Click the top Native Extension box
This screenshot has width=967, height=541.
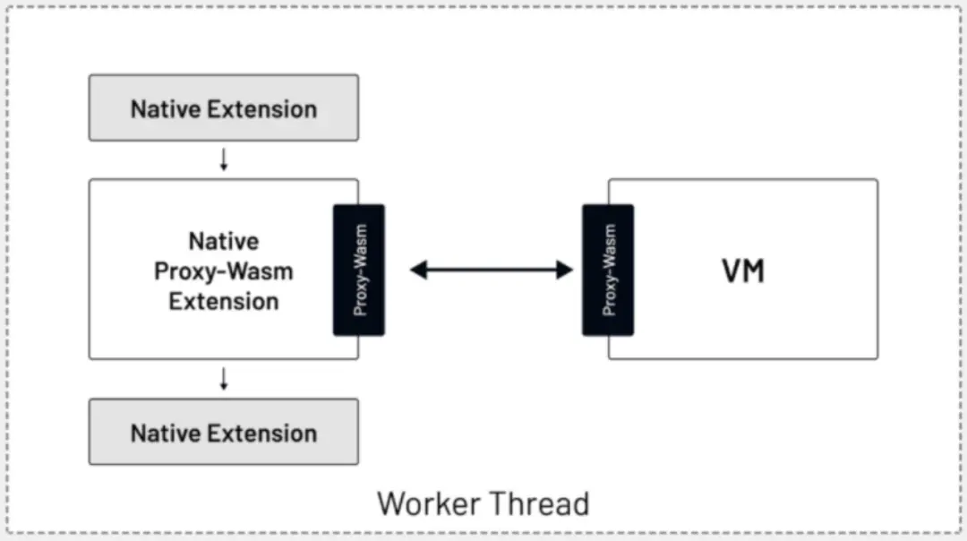tap(223, 107)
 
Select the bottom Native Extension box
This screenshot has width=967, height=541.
tap(223, 432)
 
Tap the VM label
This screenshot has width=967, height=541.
tap(743, 270)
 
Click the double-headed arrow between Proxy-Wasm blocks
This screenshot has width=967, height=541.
tap(491, 270)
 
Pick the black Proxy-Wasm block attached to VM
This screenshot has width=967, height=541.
tap(608, 270)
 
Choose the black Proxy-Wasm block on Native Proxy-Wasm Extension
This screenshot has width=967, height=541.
tap(359, 270)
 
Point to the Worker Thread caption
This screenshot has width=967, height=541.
tap(483, 503)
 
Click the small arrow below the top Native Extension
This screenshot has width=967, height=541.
tap(224, 159)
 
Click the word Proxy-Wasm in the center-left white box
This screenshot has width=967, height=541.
tap(224, 270)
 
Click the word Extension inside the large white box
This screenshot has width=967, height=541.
tap(224, 300)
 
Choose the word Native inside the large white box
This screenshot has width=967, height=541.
tap(224, 241)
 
